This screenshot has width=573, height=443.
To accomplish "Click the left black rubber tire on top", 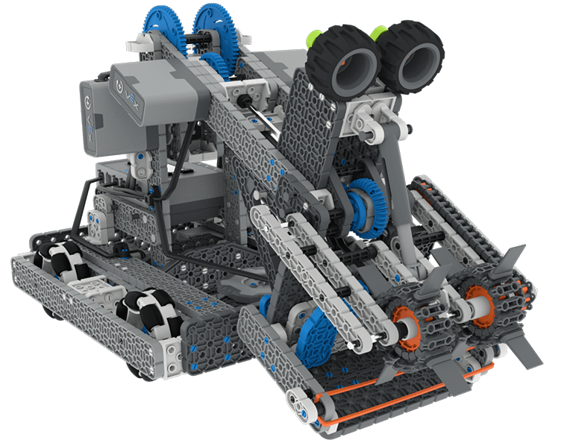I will (345, 63).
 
